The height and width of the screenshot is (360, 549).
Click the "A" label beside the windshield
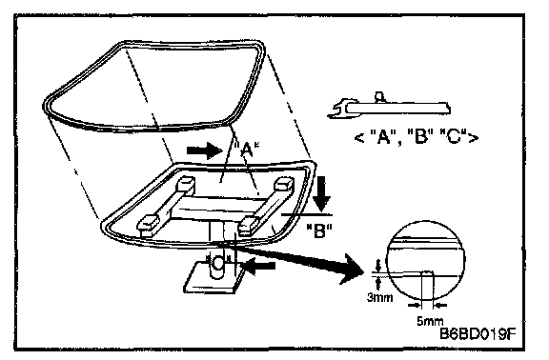[246, 150]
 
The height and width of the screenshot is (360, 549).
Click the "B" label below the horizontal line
[319, 230]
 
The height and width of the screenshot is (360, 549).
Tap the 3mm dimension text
[380, 297]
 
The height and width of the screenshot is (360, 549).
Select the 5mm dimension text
[430, 321]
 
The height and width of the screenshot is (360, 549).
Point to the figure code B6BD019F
[478, 333]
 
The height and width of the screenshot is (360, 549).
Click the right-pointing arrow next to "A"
[205, 150]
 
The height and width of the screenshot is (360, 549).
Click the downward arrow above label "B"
[321, 193]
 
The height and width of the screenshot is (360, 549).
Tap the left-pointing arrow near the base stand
[258, 267]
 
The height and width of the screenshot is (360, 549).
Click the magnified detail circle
[426, 260]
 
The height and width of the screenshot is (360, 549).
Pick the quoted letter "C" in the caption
[454, 137]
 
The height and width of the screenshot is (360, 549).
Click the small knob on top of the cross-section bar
[379, 97]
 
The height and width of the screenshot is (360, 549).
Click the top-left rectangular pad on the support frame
[186, 184]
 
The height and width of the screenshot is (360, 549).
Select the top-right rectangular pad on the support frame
[284, 185]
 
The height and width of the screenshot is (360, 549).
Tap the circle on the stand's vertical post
[218, 264]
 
